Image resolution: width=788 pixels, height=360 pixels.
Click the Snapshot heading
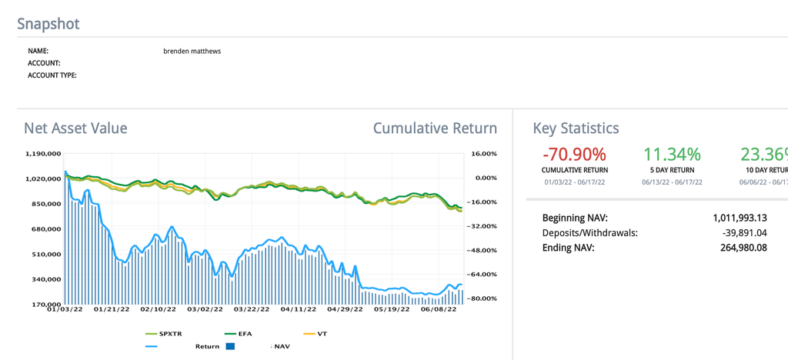click(x=48, y=24)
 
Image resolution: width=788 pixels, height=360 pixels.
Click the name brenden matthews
click(x=192, y=51)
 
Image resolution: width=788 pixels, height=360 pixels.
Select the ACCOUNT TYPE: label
click(x=52, y=75)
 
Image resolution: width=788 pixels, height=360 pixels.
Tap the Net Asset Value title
click(x=75, y=128)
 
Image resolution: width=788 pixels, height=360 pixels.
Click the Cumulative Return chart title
click(x=435, y=128)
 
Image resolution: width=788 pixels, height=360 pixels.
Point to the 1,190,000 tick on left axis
click(x=43, y=154)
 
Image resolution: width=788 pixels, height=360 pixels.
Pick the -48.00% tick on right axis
click(x=483, y=250)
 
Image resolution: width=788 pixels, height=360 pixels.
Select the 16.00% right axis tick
click(x=485, y=154)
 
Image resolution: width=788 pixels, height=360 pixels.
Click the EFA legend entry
click(x=245, y=334)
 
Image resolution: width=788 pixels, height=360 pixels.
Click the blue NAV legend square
click(x=229, y=346)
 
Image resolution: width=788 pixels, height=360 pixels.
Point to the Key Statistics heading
click(x=576, y=128)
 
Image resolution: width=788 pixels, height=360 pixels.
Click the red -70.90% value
click(x=574, y=155)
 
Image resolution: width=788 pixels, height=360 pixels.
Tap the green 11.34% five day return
click(x=672, y=155)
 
